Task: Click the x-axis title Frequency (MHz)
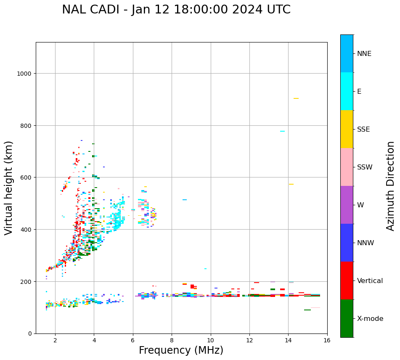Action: click(181, 350)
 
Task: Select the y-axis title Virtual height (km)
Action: click(9, 188)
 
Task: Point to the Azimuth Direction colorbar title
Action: click(391, 186)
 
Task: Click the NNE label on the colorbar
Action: click(364, 54)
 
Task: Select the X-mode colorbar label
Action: click(370, 319)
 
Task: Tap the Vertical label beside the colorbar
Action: click(370, 281)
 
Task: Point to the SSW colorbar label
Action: click(365, 167)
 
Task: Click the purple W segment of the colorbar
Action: click(347, 205)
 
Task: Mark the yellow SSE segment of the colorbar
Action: click(347, 129)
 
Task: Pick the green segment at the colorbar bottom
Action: click(347, 318)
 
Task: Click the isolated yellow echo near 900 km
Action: click(296, 98)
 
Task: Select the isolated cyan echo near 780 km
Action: click(282, 131)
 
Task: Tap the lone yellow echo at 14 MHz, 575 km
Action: click(291, 184)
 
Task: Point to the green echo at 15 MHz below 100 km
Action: click(307, 310)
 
